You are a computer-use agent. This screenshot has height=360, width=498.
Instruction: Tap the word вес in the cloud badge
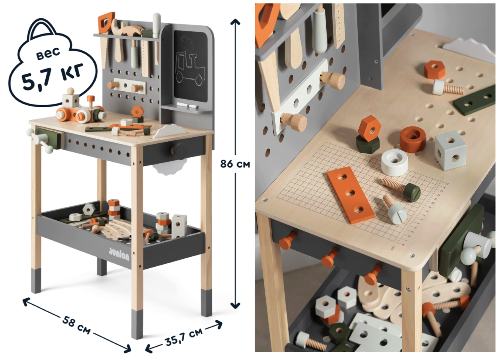pyautogui.click(x=48, y=54)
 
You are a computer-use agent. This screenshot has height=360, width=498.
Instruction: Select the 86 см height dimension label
pyautogui.click(x=235, y=164)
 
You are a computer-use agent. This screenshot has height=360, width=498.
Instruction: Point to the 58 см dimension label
pyautogui.click(x=76, y=325)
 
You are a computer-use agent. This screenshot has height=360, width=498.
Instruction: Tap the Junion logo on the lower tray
pyautogui.click(x=119, y=254)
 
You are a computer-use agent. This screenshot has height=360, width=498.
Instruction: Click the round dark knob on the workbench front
pyautogui.click(x=181, y=150)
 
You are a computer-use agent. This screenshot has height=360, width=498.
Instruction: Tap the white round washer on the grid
pyautogui.click(x=394, y=162)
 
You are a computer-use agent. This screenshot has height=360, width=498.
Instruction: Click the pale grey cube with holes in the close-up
pyautogui.click(x=451, y=150)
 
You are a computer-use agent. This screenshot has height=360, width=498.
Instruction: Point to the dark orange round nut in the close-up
pyautogui.click(x=413, y=139)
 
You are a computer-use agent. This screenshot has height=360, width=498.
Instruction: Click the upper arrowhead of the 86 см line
pyautogui.click(x=235, y=22)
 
